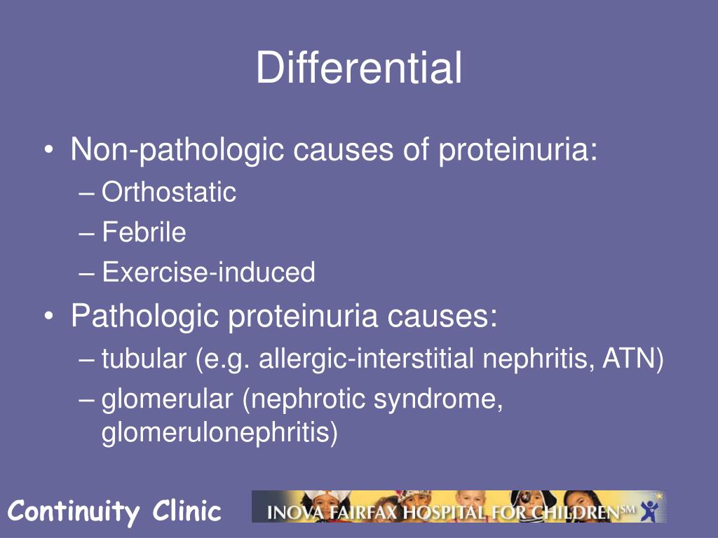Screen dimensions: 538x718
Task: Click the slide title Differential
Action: coord(358,69)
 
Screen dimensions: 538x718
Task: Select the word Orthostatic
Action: coord(169,192)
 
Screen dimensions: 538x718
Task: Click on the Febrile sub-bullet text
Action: coord(144,232)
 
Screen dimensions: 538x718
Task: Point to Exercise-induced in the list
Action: coord(208,273)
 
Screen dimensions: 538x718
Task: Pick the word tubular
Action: coord(143,360)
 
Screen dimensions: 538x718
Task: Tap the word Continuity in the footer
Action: coord(74,511)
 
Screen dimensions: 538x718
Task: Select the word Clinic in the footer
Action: coord(187,511)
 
